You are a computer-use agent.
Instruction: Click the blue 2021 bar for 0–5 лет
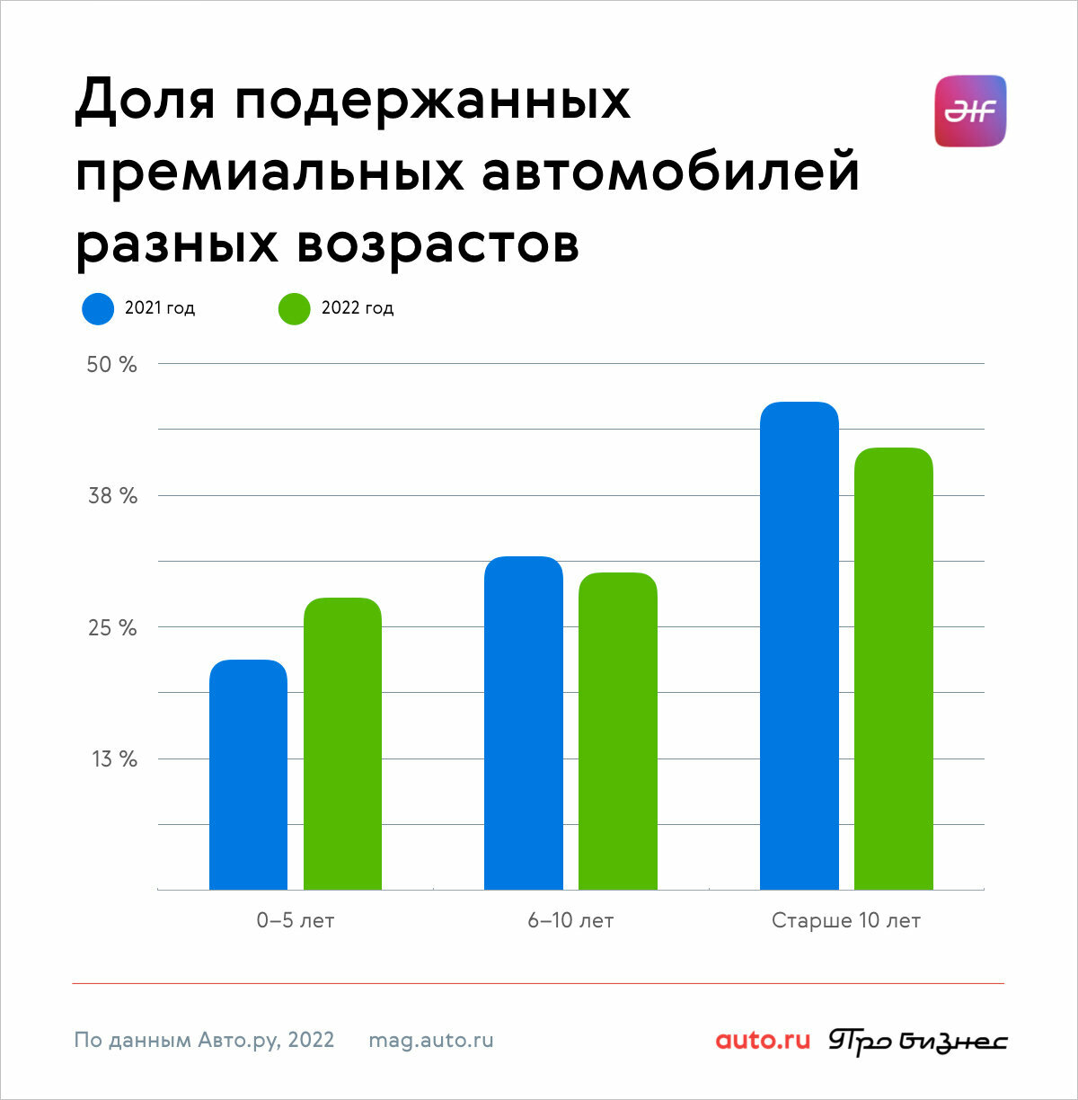coord(248,775)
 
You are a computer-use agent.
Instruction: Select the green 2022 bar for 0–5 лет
coord(342,743)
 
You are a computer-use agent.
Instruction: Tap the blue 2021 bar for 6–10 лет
coord(524,723)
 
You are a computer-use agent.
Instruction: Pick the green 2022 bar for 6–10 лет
coord(618,731)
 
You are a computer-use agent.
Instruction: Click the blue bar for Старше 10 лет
coord(800,645)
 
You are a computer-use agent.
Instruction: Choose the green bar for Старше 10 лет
coord(894,669)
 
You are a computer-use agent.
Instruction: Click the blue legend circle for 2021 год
coord(98,309)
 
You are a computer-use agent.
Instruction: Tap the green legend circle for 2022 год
coord(295,309)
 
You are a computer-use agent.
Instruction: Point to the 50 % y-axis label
coord(112,364)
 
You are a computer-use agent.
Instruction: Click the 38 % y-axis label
coord(112,495)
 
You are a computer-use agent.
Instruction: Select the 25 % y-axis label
coord(112,627)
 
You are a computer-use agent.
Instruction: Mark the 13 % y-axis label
coord(114,758)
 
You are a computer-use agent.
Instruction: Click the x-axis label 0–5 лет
coord(295,920)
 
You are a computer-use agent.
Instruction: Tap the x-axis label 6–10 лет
coord(570,920)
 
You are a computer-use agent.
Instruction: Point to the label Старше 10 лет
coord(845,920)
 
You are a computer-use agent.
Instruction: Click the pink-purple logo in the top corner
coord(970,111)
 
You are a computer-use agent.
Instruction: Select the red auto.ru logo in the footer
coord(763,1040)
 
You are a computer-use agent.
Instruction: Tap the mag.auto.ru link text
coord(431,1040)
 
